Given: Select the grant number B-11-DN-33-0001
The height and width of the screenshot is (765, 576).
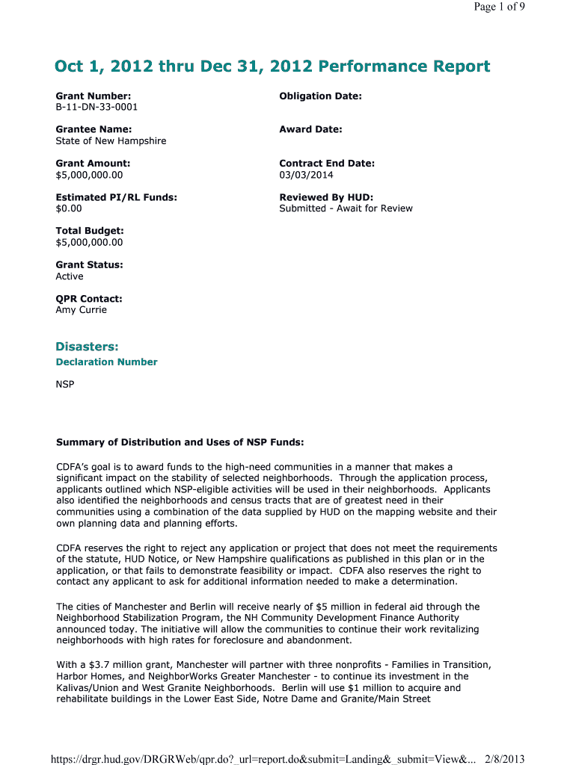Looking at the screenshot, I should (x=96, y=107).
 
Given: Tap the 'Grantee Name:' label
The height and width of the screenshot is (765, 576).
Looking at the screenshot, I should (x=94, y=129).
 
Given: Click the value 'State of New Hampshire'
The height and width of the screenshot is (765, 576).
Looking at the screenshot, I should (x=111, y=141).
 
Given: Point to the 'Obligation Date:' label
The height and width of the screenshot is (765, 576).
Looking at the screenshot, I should (x=320, y=96).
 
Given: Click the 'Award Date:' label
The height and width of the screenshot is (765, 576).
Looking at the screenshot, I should (x=310, y=129).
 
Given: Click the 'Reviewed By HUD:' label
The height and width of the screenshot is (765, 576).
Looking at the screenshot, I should (x=326, y=197).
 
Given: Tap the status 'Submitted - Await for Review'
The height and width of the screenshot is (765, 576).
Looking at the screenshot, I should (x=346, y=208).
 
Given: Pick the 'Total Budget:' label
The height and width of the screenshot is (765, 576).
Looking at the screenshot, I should (x=90, y=231).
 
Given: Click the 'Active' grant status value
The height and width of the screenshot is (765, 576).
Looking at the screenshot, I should (x=70, y=276).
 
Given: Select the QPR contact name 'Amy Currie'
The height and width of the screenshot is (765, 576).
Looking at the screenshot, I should (x=82, y=310).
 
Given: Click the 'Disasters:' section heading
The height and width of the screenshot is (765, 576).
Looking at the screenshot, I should (x=87, y=346).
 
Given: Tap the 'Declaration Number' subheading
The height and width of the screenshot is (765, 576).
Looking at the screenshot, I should (x=106, y=362).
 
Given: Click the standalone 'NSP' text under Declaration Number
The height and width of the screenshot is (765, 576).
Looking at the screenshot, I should (x=65, y=385).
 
